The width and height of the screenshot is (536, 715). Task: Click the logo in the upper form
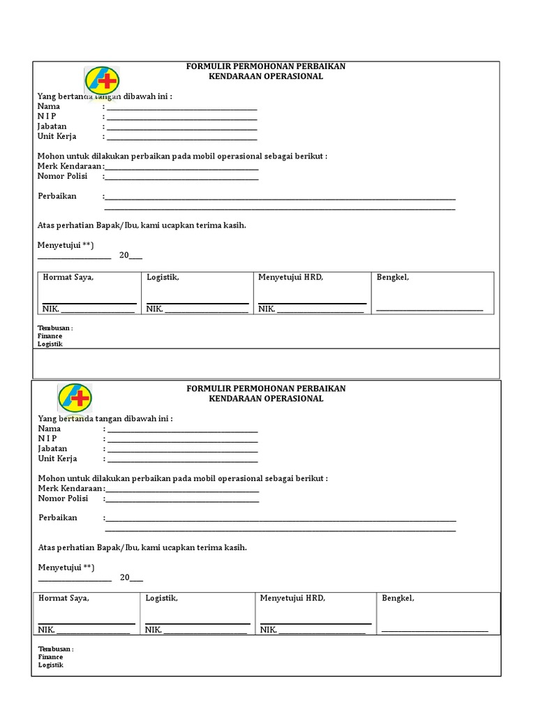pos(102,80)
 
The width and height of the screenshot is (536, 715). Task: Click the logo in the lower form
pos(75,398)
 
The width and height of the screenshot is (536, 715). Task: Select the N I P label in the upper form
pos(47,117)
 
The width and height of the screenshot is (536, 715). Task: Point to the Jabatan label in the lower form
pos(52,448)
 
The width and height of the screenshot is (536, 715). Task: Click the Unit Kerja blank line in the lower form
pos(182,461)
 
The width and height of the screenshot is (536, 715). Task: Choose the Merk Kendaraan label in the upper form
pos(70,166)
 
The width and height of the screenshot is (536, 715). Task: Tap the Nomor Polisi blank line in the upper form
pos(181,179)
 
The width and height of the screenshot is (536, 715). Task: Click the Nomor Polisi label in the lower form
pos(63,499)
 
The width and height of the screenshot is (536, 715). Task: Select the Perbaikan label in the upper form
pos(57,196)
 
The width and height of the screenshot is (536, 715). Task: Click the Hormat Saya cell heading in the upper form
pos(68,277)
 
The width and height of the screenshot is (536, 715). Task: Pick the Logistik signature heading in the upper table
pos(163,277)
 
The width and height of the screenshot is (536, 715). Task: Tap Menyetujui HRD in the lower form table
pos(292,598)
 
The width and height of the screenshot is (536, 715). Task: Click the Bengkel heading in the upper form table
pos(393,277)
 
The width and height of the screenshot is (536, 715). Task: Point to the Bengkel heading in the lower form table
pos(398,598)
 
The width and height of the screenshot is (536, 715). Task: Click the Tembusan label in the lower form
pos(56,649)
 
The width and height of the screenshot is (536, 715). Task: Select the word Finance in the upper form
pos(50,336)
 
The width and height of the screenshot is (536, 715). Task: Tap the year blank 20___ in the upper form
pos(131,256)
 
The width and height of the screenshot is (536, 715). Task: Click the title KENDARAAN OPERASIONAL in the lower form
pos(266,399)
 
